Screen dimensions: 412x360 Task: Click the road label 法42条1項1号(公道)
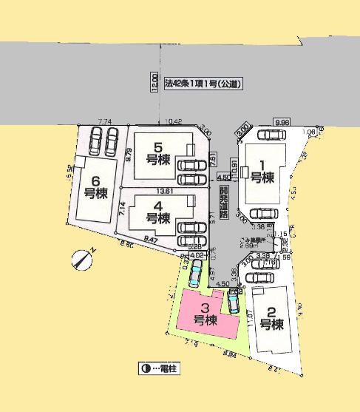tap(204, 84)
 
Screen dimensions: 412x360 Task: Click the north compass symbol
tap(83, 260)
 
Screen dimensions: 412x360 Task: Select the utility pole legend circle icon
tap(145, 368)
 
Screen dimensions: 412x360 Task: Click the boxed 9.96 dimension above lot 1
tap(281, 121)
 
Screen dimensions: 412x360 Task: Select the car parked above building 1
tap(271, 135)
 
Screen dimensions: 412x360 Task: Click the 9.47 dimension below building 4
tap(152, 240)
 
